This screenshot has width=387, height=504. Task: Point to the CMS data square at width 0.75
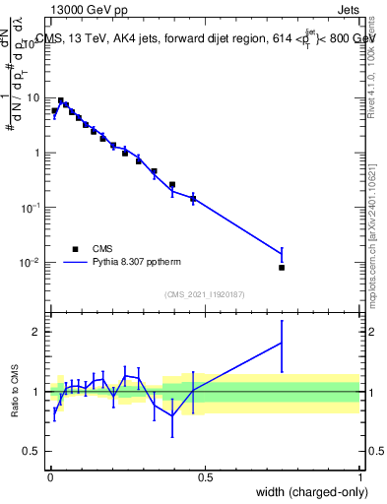tap(282, 267)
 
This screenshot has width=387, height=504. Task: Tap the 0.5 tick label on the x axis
tap(205, 476)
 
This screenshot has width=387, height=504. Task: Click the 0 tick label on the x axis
tap(49, 476)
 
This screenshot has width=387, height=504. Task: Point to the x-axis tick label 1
tap(360, 476)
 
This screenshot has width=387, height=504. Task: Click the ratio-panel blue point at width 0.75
tap(282, 343)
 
